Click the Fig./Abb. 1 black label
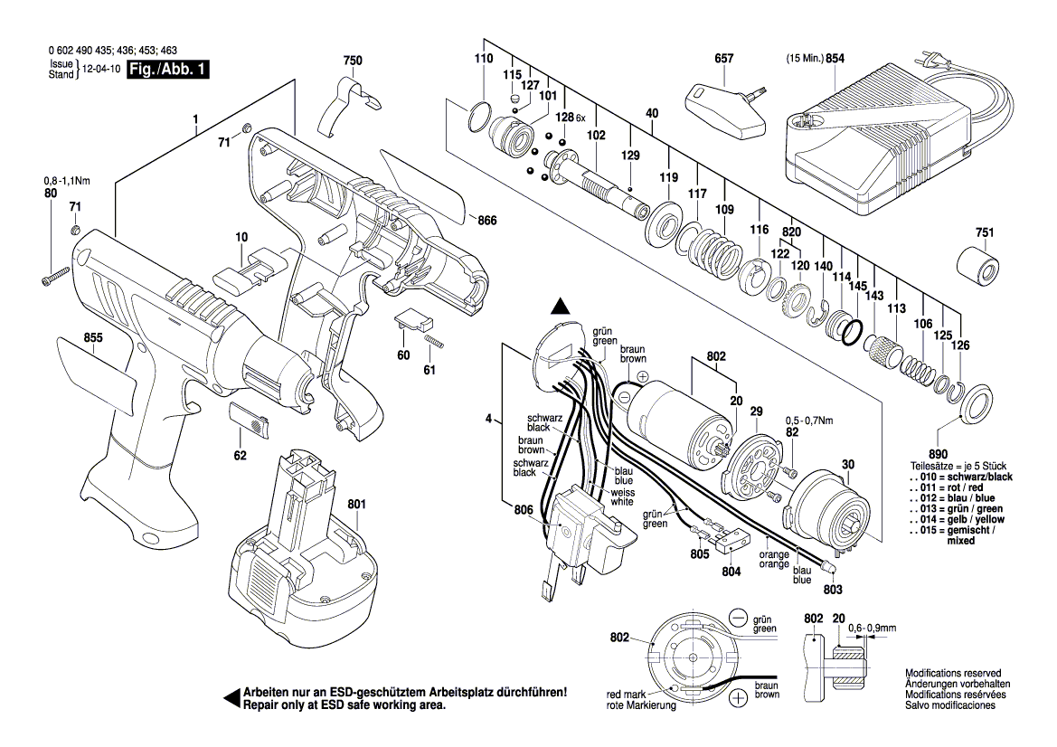[167, 70]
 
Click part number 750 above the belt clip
[353, 61]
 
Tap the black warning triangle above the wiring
[561, 307]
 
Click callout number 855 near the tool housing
[93, 337]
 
